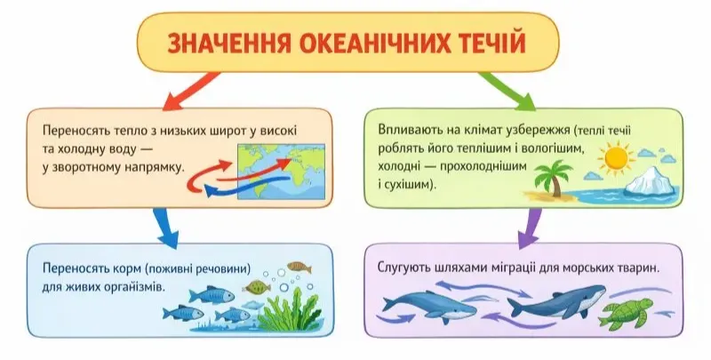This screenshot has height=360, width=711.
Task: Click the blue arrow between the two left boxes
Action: coord(163,223)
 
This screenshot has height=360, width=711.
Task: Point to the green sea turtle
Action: coord(622,311)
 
